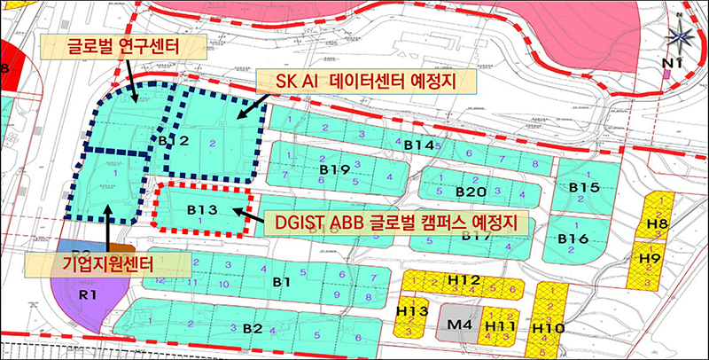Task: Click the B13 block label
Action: [x=201, y=210]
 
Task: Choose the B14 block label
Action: [x=417, y=145]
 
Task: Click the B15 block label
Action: [x=584, y=187]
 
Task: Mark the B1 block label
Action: [x=282, y=282]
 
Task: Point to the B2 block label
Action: [x=253, y=329]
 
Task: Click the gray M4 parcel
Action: [x=459, y=325]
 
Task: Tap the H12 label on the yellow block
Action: [x=464, y=281]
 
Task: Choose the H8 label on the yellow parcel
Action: [x=657, y=223]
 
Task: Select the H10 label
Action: [x=549, y=329]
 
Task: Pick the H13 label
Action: [x=412, y=311]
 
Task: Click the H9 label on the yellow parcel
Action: [x=650, y=259]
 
